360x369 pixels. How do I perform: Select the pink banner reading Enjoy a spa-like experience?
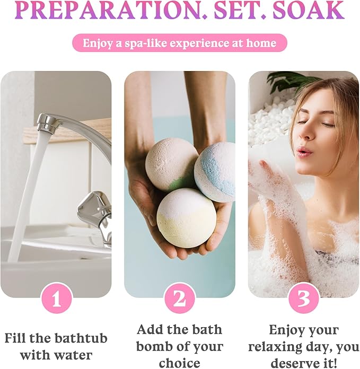(x=180, y=43)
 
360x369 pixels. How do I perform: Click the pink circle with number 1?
(x=56, y=299)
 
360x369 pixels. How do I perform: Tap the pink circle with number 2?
(x=180, y=299)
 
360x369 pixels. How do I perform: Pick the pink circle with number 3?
(x=303, y=299)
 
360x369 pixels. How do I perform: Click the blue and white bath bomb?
(x=216, y=171)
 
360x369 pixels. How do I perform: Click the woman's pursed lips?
(x=304, y=152)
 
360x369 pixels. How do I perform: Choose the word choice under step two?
(x=180, y=364)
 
